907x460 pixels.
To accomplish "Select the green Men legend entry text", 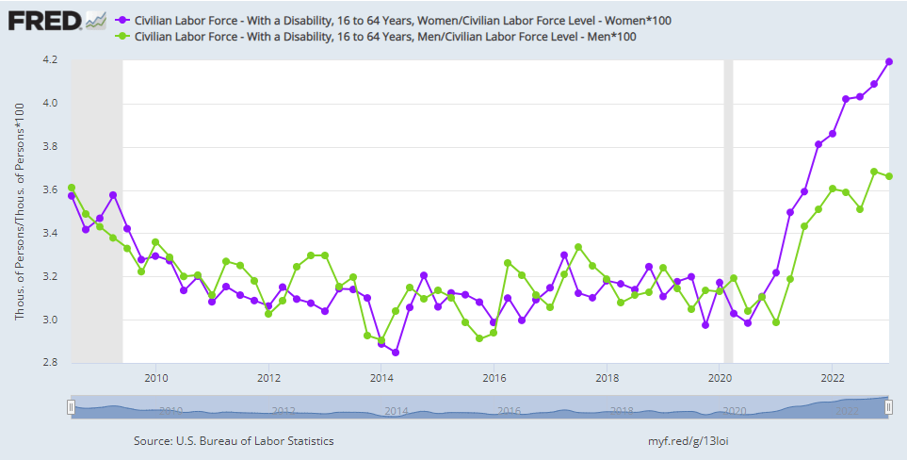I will (x=385, y=37).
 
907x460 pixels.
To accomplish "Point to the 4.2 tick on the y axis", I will (x=50, y=60).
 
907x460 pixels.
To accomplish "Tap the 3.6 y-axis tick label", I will (x=50, y=190).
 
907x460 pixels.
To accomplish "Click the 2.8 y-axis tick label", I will (x=50, y=364).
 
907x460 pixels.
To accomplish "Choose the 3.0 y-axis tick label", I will (x=50, y=320).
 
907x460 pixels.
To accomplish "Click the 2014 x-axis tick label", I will (x=381, y=379).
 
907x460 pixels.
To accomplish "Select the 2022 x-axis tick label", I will (x=833, y=379).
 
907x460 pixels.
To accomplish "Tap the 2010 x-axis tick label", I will (x=155, y=379).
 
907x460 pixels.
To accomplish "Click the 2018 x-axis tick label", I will (x=607, y=379).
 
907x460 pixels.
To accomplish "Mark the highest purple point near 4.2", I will (x=888, y=62).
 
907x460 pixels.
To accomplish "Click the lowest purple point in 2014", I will (x=396, y=353).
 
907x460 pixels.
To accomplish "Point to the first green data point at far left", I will (x=72, y=188).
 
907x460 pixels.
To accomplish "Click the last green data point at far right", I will (x=888, y=176).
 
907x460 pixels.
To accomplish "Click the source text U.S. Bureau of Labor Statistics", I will (x=234, y=440).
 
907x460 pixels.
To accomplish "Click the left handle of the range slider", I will (x=71, y=406).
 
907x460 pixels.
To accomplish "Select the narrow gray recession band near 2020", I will (x=727, y=212).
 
